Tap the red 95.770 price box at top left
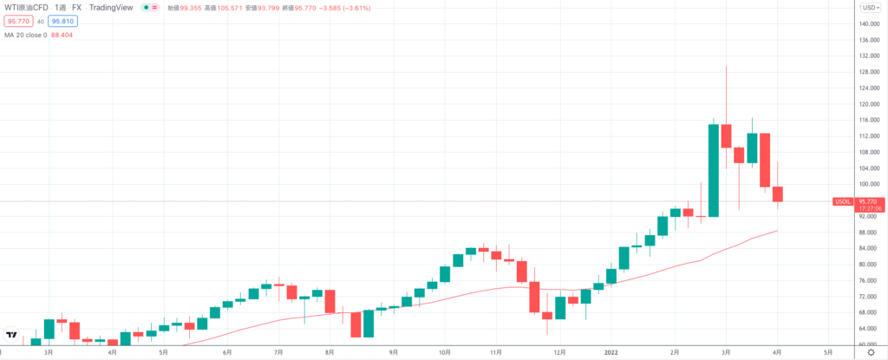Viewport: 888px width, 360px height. pos(17,22)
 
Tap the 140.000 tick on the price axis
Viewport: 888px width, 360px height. pos(870,24)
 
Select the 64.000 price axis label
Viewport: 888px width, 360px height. pos(870,329)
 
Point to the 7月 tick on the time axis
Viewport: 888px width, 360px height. pos(279,353)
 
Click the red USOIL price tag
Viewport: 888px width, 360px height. pos(841,201)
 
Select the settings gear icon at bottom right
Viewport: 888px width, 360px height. pos(870,353)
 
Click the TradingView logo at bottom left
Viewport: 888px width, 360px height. pos(12,335)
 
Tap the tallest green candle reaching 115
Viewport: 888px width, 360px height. pos(714,170)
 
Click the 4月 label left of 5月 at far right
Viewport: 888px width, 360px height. pos(777,353)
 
